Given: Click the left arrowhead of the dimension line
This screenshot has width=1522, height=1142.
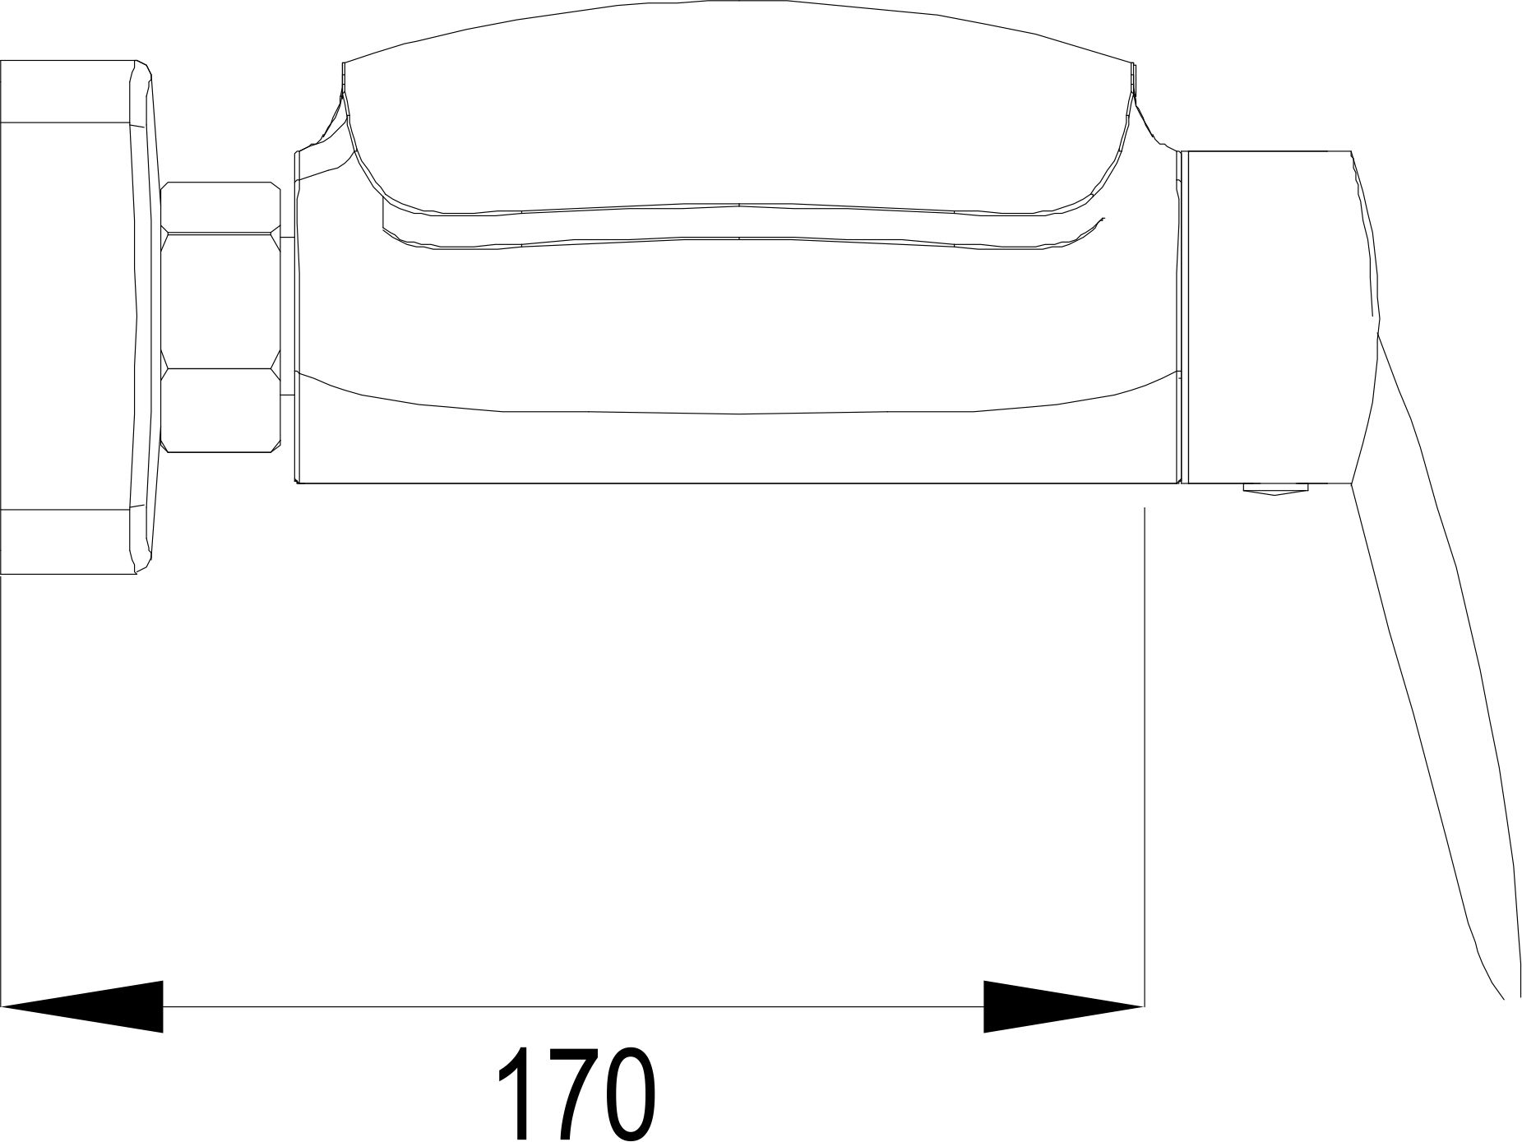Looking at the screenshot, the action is pos(82,1006).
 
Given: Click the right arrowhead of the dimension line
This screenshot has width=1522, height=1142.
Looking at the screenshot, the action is pos(1063,1006).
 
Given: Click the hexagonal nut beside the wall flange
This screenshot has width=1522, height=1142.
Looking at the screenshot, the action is pos(221,317).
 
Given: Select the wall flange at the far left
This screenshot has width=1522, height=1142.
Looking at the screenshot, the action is pos(76,317).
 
